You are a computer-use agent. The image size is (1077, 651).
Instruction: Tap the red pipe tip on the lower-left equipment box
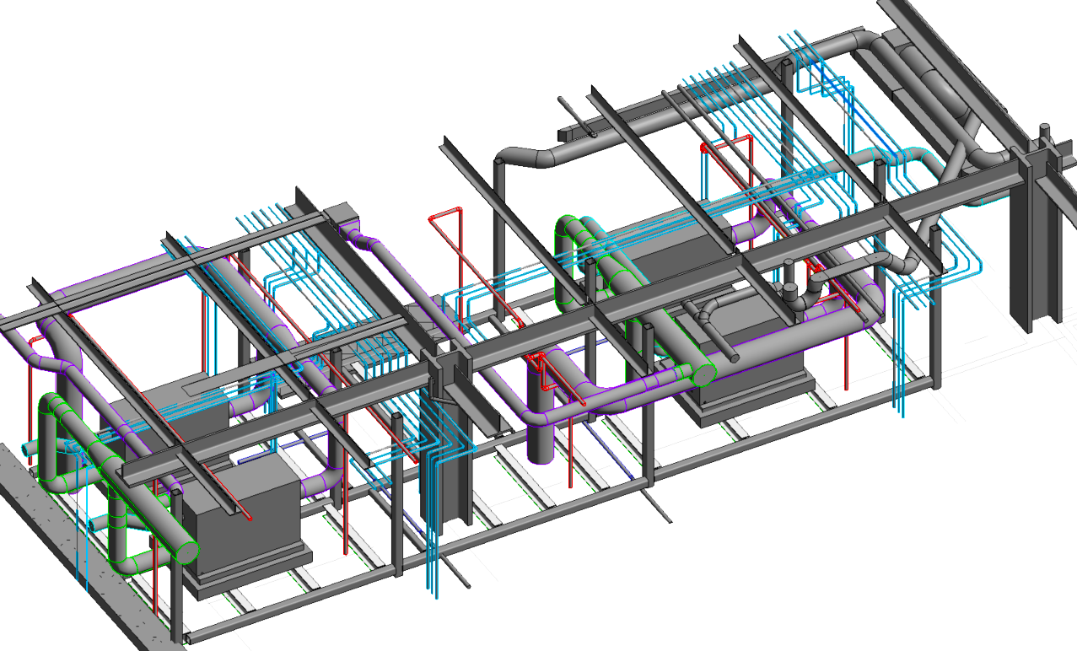pos(250,518)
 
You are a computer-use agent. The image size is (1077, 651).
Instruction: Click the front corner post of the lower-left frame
pos(177,607)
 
